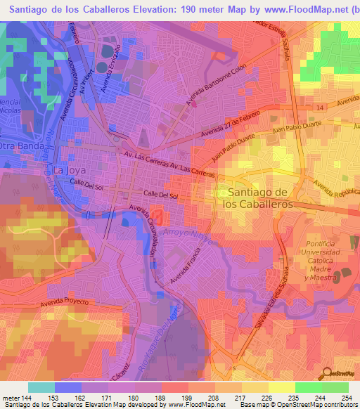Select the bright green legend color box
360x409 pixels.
(x=309, y=387)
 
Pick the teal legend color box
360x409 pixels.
(x=41, y=387)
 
